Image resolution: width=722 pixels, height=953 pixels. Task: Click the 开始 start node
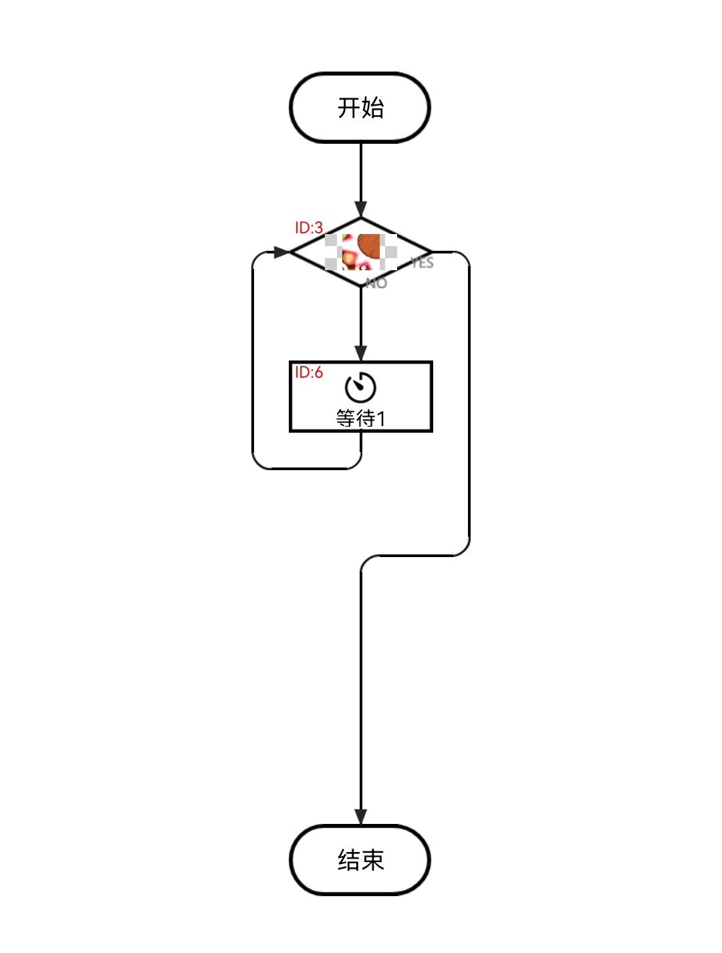pos(360,108)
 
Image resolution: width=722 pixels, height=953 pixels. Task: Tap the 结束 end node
pos(360,860)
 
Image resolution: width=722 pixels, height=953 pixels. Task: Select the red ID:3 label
pos(309,228)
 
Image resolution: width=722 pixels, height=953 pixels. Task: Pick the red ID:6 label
pos(309,373)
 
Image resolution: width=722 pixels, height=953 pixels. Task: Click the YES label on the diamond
pos(423,263)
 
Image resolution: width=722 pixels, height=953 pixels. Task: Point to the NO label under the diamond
pos(376,284)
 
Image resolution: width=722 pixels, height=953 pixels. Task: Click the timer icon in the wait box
pos(360,387)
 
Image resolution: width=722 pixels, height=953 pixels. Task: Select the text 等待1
pos(360,419)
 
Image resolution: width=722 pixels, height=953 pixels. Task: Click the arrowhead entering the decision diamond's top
pos(361,209)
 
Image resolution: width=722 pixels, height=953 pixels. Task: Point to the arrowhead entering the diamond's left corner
pos(282,252)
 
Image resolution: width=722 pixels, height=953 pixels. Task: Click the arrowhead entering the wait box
pos(361,353)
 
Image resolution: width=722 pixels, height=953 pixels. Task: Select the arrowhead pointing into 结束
pos(361,817)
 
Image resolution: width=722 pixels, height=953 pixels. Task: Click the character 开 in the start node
pos(348,108)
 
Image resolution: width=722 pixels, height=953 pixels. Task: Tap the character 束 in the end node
pos(373,860)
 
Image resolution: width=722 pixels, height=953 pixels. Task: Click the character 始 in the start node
pos(373,108)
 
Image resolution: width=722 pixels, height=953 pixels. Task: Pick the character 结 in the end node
pos(348,860)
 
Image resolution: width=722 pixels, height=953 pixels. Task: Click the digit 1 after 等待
pos(381,419)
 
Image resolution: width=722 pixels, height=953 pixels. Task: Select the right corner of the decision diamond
pos(431,252)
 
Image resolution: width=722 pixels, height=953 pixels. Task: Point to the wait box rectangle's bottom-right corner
pos(432,431)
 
